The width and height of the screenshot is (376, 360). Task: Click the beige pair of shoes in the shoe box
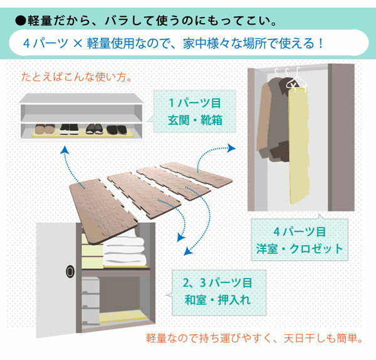coord(44,129)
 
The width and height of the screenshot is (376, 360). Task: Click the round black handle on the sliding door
coord(69,272)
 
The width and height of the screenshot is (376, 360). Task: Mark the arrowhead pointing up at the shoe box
coord(65,149)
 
